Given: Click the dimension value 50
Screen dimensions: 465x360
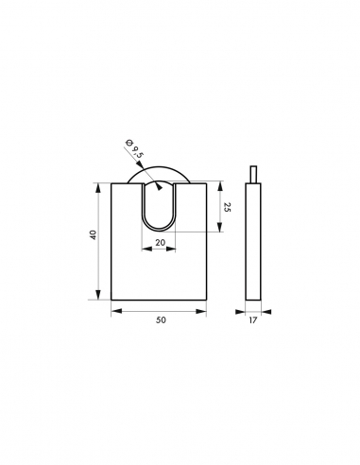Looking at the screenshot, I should tap(161, 321).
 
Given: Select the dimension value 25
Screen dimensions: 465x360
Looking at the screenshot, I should tap(228, 206).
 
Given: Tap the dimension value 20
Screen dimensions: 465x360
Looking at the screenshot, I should tap(161, 243).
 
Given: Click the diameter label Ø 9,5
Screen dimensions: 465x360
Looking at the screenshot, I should tap(134, 149).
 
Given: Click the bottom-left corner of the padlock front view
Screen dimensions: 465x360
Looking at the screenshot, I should tap(111, 300).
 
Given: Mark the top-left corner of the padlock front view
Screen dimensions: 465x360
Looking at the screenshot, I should tap(111, 182).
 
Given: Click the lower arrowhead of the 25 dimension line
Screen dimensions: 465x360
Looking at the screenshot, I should tap(220, 228).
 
